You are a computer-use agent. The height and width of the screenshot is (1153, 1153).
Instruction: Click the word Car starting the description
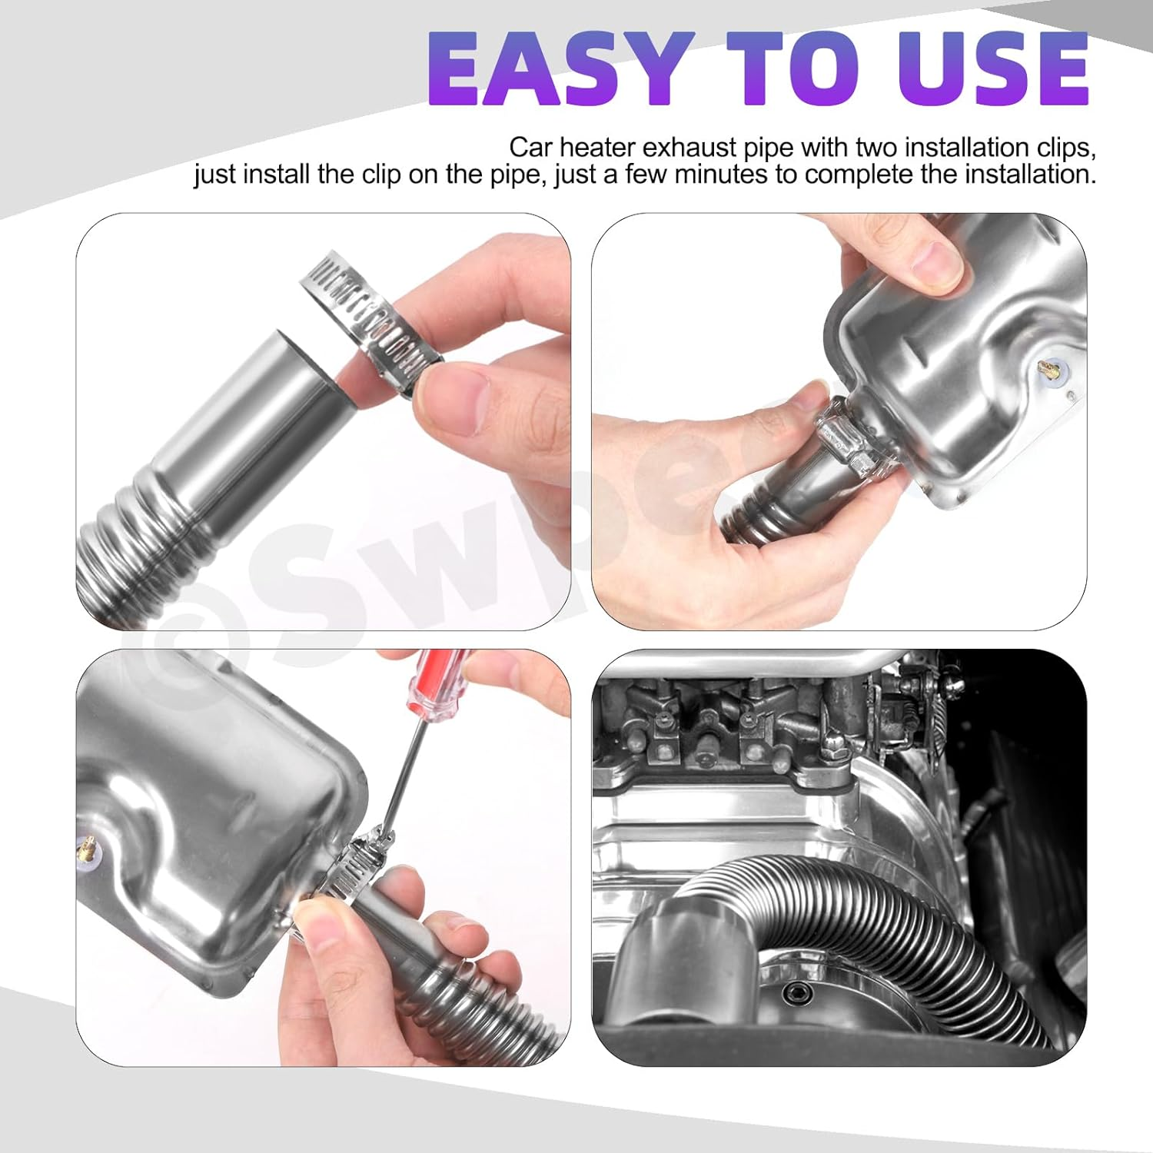click(x=530, y=148)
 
